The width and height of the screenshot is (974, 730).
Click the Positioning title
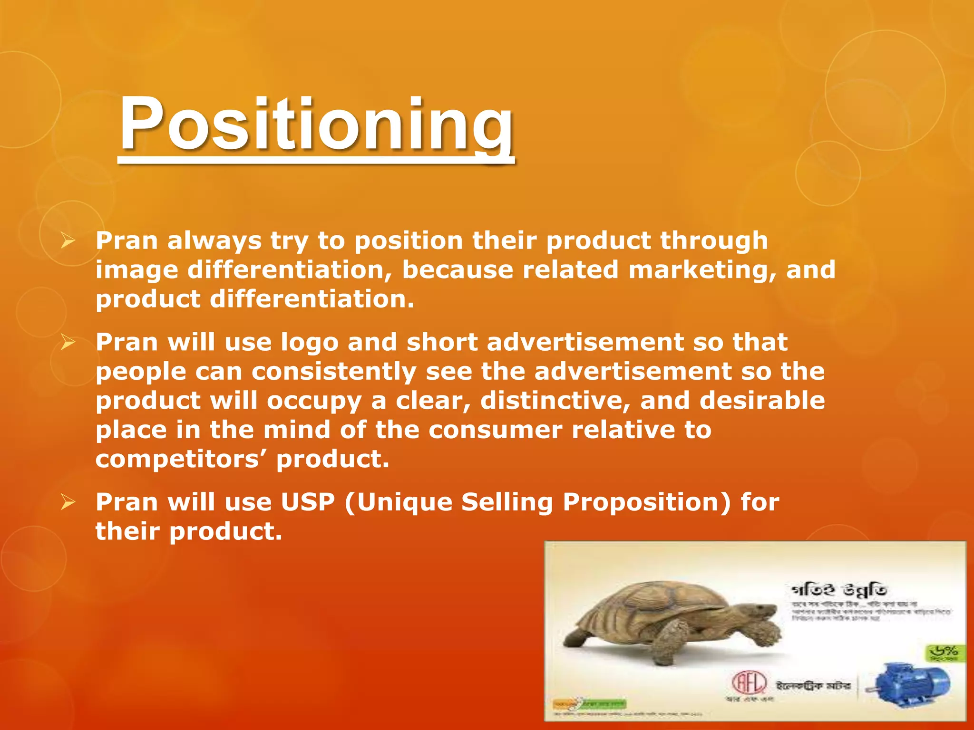[316, 125]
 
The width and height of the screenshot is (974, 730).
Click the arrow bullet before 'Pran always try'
[68, 242]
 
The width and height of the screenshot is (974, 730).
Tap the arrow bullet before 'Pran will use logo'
[68, 343]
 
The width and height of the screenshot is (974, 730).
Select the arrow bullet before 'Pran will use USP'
[68, 502]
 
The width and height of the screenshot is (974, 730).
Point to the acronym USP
[308, 502]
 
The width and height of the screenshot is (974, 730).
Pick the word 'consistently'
[334, 372]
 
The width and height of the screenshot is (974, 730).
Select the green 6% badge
[945, 653]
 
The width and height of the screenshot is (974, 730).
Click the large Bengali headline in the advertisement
[840, 590]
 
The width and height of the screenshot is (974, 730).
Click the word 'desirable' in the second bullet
[762, 401]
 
